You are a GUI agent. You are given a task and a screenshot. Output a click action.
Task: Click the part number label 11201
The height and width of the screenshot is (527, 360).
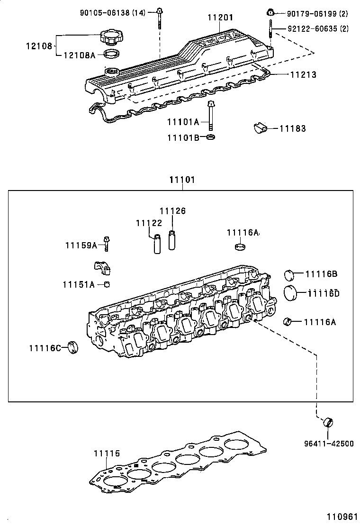pyautogui.click(x=220, y=18)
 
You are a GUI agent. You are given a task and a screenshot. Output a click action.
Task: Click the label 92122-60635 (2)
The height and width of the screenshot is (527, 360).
pyautogui.click(x=318, y=29)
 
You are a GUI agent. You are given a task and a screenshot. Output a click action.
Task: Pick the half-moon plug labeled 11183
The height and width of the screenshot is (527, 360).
pyautogui.click(x=260, y=127)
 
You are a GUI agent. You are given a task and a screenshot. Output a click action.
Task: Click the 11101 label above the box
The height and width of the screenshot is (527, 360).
pyautogui.click(x=182, y=181)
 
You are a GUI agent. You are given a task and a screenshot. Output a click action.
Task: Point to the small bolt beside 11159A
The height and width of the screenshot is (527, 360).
pyautogui.click(x=108, y=244)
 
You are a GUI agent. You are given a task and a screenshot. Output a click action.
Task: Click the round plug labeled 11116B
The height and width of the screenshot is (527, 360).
pyautogui.click(x=289, y=274)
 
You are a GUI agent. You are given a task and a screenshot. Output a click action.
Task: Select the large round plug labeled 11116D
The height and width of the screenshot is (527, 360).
pyautogui.click(x=291, y=292)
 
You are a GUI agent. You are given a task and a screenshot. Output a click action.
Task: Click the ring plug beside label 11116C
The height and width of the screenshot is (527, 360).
pyautogui.click(x=72, y=347)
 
